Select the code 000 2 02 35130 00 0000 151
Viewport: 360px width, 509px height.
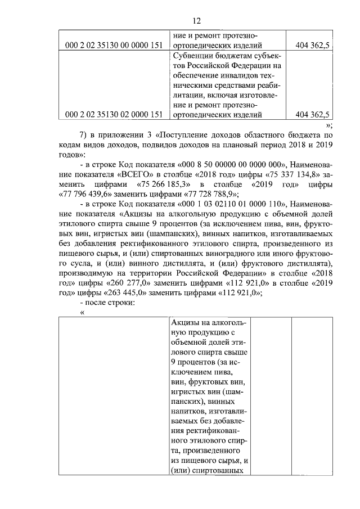[114, 46]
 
